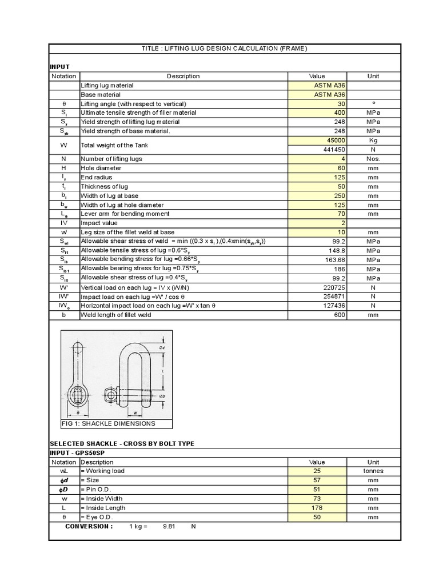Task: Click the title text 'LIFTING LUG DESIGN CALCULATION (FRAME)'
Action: (x=225, y=49)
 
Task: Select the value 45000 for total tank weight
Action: (x=336, y=140)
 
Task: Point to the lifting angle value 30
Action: (x=341, y=103)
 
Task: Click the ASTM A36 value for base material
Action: (x=330, y=94)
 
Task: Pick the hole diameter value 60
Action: (x=341, y=168)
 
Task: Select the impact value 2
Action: (x=343, y=223)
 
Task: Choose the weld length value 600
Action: (x=340, y=315)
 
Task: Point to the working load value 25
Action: (x=341, y=471)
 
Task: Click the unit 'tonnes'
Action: (x=373, y=471)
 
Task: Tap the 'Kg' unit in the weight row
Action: (x=373, y=140)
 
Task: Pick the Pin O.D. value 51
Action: (x=341, y=489)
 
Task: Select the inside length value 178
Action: (x=340, y=507)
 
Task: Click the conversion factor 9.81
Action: (x=170, y=526)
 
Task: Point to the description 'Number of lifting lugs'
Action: (x=111, y=159)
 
